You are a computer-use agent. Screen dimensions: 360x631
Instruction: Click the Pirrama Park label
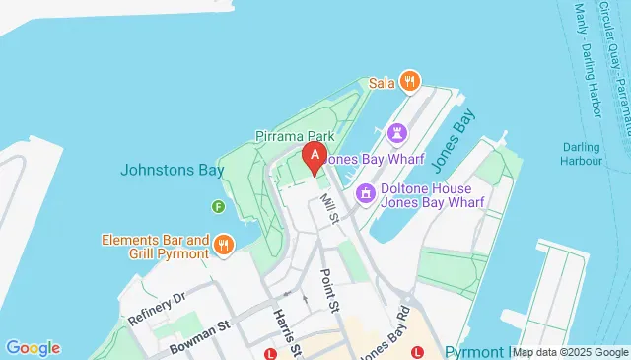[x=295, y=135]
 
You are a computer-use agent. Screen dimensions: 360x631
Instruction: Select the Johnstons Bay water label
[x=172, y=170]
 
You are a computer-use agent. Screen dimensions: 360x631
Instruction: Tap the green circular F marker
[x=218, y=205]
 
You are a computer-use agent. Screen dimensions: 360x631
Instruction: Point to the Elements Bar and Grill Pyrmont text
[x=155, y=246]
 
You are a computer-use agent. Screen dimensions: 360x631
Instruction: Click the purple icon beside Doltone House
[x=366, y=193]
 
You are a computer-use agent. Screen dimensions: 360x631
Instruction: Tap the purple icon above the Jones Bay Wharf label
[x=397, y=131]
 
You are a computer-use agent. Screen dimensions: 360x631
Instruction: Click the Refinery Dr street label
[x=157, y=308]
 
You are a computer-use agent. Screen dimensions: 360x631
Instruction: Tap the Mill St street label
[x=330, y=208]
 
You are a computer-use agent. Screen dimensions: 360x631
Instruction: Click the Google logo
[x=33, y=347]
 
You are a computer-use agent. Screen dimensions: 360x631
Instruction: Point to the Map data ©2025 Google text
[x=570, y=352]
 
